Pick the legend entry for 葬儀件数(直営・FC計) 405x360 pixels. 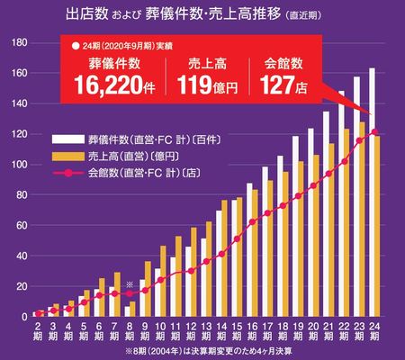[x=157, y=139]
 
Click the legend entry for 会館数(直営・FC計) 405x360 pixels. [x=157, y=170]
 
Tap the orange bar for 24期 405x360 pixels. [x=378, y=226]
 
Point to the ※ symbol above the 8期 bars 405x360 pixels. [x=130, y=284]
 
